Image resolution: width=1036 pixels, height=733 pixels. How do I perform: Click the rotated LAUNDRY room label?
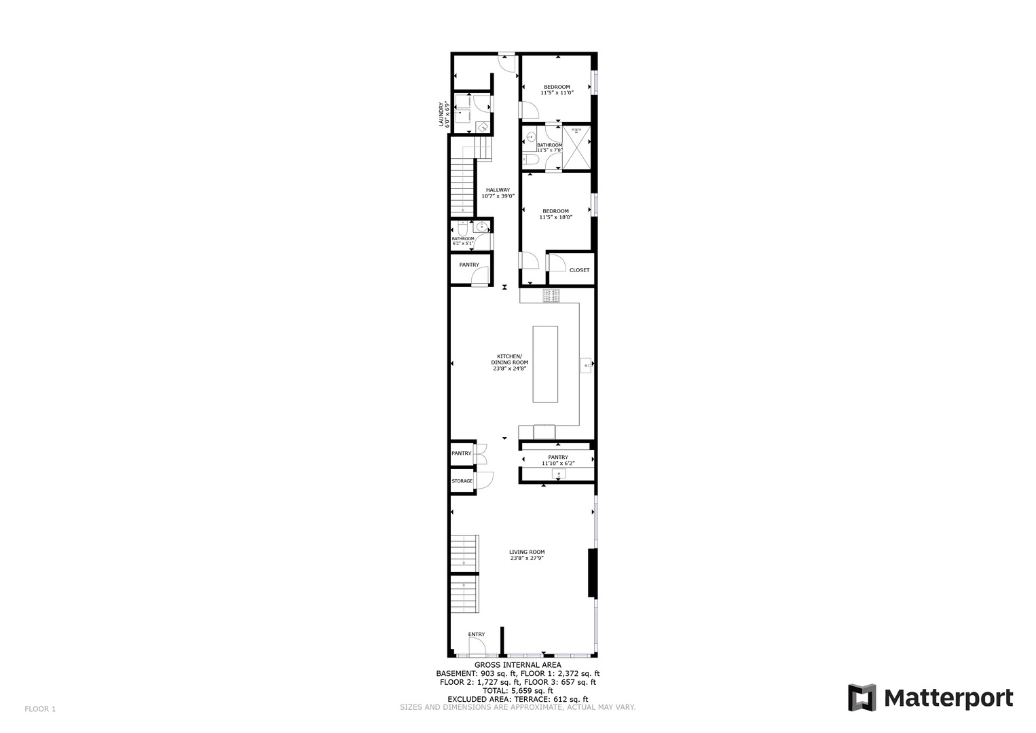pos(443,115)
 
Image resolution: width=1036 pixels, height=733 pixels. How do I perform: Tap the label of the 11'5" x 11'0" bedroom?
pos(556,90)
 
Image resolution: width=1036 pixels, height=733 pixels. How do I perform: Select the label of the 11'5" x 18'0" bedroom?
pos(555,214)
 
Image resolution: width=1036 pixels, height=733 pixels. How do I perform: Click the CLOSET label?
pos(579,270)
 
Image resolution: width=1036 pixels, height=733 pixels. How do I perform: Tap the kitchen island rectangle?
pos(545,364)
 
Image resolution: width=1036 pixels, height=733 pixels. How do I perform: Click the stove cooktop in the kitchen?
pos(551,296)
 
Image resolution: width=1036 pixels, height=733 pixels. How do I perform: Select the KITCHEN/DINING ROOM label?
pos(509,362)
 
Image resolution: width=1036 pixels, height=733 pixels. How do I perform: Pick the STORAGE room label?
pos(462,481)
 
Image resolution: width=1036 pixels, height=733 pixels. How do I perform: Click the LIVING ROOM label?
pos(527,555)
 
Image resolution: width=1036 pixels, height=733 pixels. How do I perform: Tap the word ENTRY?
pos(477,635)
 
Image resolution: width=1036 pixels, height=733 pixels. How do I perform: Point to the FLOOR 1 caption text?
pos(40,709)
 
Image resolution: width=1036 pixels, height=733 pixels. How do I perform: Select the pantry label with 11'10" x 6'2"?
pos(558,460)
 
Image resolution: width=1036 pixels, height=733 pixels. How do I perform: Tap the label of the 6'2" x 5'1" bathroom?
pos(463,240)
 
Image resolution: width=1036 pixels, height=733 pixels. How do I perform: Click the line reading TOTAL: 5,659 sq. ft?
pos(517,691)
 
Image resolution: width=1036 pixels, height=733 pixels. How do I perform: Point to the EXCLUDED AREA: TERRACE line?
pos(517,699)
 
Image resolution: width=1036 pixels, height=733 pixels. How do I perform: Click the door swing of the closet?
pos(556,261)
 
